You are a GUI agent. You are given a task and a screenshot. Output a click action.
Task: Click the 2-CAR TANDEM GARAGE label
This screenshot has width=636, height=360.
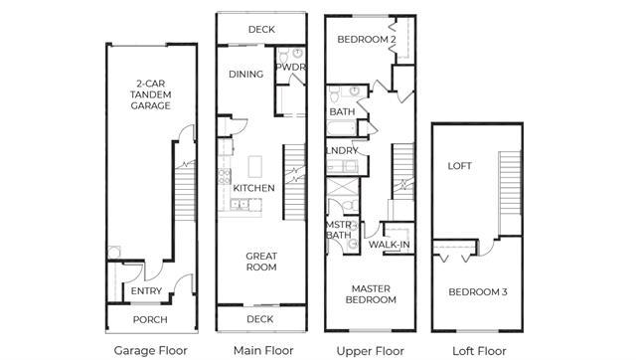[150, 94]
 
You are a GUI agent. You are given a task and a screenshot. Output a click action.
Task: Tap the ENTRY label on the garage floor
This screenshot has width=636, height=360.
[146, 291]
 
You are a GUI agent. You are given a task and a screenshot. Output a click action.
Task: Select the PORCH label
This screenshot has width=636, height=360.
[150, 320]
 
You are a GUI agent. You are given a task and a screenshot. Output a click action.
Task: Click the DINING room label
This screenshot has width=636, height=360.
[245, 75]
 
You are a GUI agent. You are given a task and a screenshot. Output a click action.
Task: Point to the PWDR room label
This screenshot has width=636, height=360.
[290, 67]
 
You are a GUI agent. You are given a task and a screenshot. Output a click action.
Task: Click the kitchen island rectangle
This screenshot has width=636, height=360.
[255, 166]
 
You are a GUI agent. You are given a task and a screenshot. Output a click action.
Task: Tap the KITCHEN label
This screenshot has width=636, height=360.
[254, 188]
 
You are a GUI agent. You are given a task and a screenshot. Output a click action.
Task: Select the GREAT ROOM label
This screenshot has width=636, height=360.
[261, 262]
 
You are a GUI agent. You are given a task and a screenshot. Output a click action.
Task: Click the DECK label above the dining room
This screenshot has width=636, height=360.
[261, 29]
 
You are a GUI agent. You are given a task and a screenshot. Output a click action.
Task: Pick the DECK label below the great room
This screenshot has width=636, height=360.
[260, 319]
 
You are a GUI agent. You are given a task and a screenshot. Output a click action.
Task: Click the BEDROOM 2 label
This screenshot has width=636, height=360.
[367, 40]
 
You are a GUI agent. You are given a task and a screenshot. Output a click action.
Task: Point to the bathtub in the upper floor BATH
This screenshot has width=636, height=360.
[342, 128]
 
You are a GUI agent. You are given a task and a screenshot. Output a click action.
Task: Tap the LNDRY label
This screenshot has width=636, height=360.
[342, 150]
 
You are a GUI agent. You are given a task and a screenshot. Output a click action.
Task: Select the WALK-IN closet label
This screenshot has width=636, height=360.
[389, 245]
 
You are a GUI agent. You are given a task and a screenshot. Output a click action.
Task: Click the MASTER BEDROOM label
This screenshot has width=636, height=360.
[371, 294]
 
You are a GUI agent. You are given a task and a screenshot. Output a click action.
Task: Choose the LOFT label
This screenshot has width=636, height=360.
[459, 166]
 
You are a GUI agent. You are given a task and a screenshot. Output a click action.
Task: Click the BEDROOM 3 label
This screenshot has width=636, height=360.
[478, 291]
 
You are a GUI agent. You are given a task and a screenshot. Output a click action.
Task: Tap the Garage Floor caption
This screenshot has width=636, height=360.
[150, 350]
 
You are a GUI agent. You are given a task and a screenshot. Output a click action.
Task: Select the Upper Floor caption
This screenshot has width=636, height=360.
[371, 351]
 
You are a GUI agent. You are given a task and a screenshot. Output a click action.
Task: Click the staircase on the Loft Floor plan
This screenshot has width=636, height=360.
[510, 183]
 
